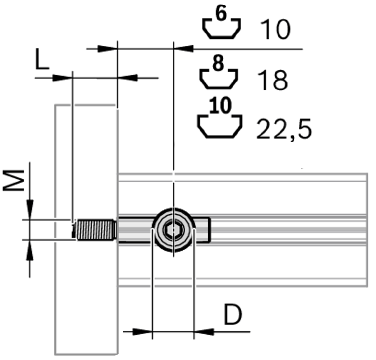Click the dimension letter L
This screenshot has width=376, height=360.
[x=41, y=61]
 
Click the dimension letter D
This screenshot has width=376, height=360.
[x=233, y=315]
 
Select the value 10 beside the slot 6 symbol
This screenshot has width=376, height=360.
[x=275, y=30]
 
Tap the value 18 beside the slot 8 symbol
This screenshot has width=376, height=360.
[x=273, y=80]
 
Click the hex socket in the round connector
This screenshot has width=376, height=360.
[x=174, y=231]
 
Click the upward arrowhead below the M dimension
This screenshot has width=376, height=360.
[x=29, y=250]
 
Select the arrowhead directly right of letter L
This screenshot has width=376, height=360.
[x=62, y=78]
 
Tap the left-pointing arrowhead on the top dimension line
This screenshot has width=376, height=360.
[x=184, y=49]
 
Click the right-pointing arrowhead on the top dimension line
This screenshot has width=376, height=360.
[x=107, y=49]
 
